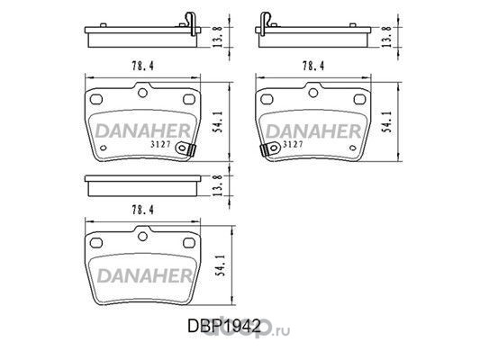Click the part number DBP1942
pos(224,326)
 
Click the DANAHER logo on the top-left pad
pos(143,131)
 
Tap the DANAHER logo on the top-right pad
pos(313,131)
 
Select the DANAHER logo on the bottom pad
pos(144,275)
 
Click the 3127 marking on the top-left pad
pos(160,144)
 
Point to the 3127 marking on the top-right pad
pos(294,144)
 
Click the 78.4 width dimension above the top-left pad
pos(142,66)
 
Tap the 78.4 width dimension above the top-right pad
pos(313,66)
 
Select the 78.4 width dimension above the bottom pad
pos(142,210)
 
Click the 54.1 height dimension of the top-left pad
pos(218,122)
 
